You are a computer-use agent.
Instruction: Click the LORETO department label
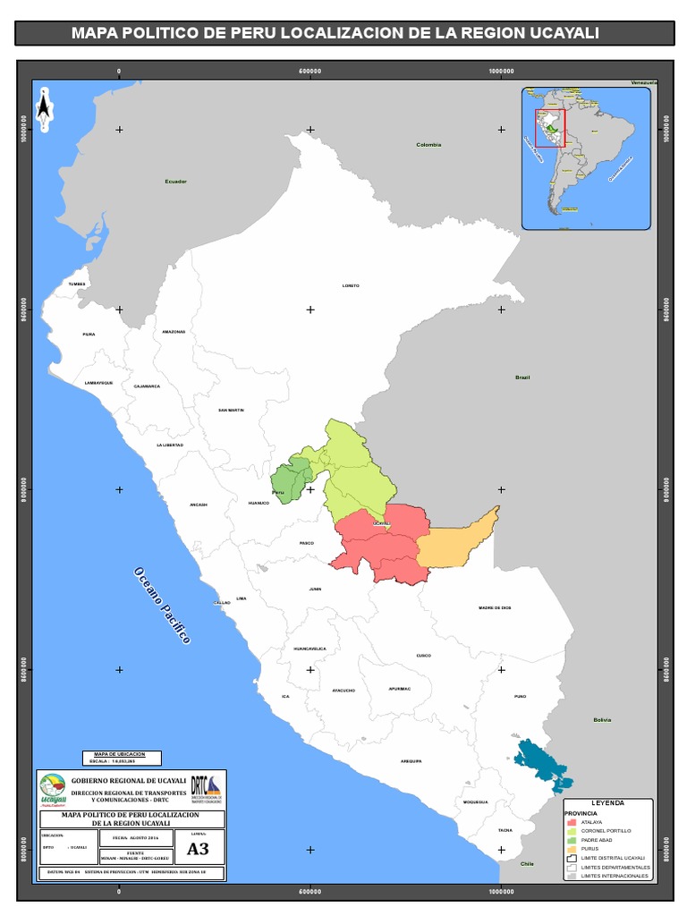click(x=351, y=285)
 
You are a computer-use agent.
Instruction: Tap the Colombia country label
click(x=428, y=144)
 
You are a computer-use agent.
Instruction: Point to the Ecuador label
click(x=175, y=182)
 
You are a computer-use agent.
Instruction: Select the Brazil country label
click(x=522, y=377)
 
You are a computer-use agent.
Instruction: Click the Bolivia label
click(x=602, y=719)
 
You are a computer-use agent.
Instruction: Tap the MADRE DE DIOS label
click(x=495, y=607)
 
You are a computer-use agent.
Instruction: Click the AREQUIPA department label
click(x=411, y=760)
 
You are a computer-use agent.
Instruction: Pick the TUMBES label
click(x=77, y=284)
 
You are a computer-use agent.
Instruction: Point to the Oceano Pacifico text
click(x=163, y=606)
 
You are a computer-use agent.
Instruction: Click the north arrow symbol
click(x=44, y=107)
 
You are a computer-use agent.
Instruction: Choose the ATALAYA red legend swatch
click(x=572, y=821)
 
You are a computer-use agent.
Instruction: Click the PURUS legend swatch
click(x=572, y=848)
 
